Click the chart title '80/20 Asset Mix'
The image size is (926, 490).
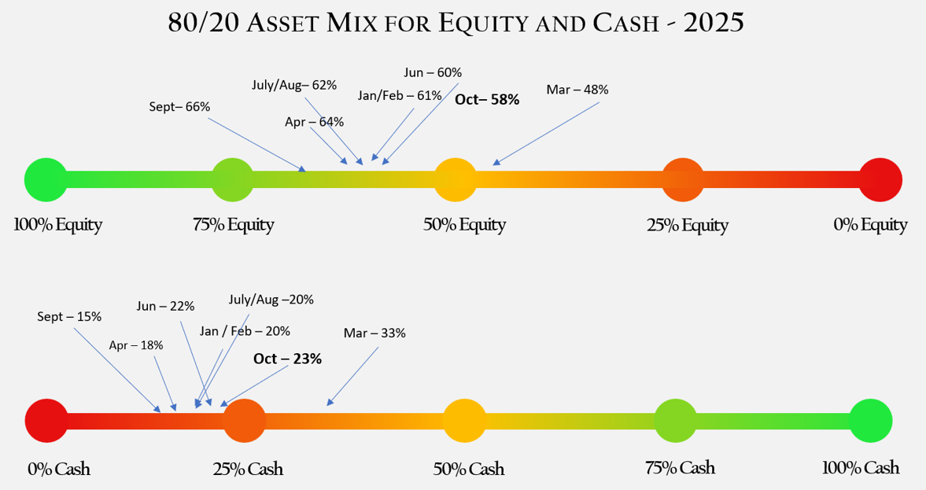point(456,23)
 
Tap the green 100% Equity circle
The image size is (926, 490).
point(45,179)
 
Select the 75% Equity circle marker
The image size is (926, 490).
point(233,179)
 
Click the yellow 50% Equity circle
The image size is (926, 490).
point(456,179)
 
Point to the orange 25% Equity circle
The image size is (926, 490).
point(683,179)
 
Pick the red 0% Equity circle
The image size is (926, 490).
point(880,179)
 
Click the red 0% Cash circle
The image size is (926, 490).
point(46,420)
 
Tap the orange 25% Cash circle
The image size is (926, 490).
point(245,420)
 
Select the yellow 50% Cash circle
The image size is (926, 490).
point(464,420)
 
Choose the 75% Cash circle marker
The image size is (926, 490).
point(675,420)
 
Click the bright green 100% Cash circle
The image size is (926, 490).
point(871,420)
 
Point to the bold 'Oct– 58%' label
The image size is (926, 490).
point(487,100)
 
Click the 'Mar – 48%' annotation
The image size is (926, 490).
point(577,90)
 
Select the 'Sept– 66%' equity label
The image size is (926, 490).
point(179,106)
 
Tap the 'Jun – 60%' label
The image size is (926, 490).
point(433,72)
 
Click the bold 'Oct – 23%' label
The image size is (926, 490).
point(287,359)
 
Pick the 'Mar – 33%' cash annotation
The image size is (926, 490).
point(374,333)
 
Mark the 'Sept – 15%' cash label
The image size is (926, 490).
point(69,316)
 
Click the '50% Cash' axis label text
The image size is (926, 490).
point(469,470)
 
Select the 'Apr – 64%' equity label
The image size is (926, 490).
point(314,122)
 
